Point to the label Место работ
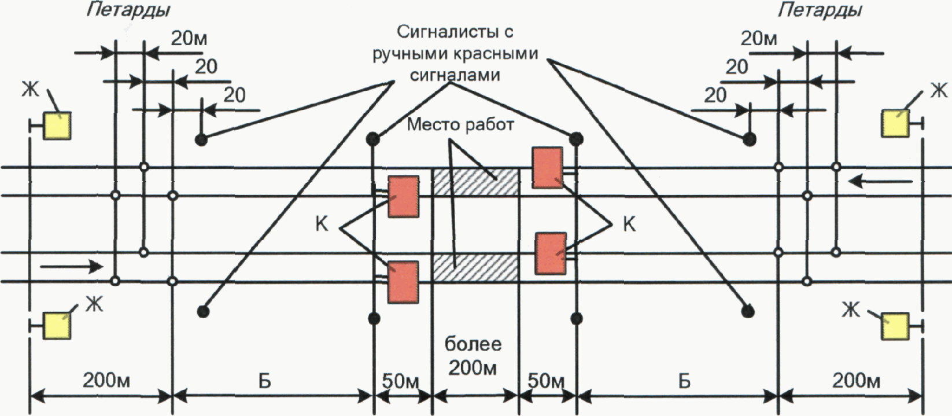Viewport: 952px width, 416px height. (460, 125)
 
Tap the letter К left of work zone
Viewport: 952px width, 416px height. (322, 224)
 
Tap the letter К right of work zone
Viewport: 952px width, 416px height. (629, 224)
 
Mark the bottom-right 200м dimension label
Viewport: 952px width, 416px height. (856, 381)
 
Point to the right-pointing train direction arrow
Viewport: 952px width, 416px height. (72, 267)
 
